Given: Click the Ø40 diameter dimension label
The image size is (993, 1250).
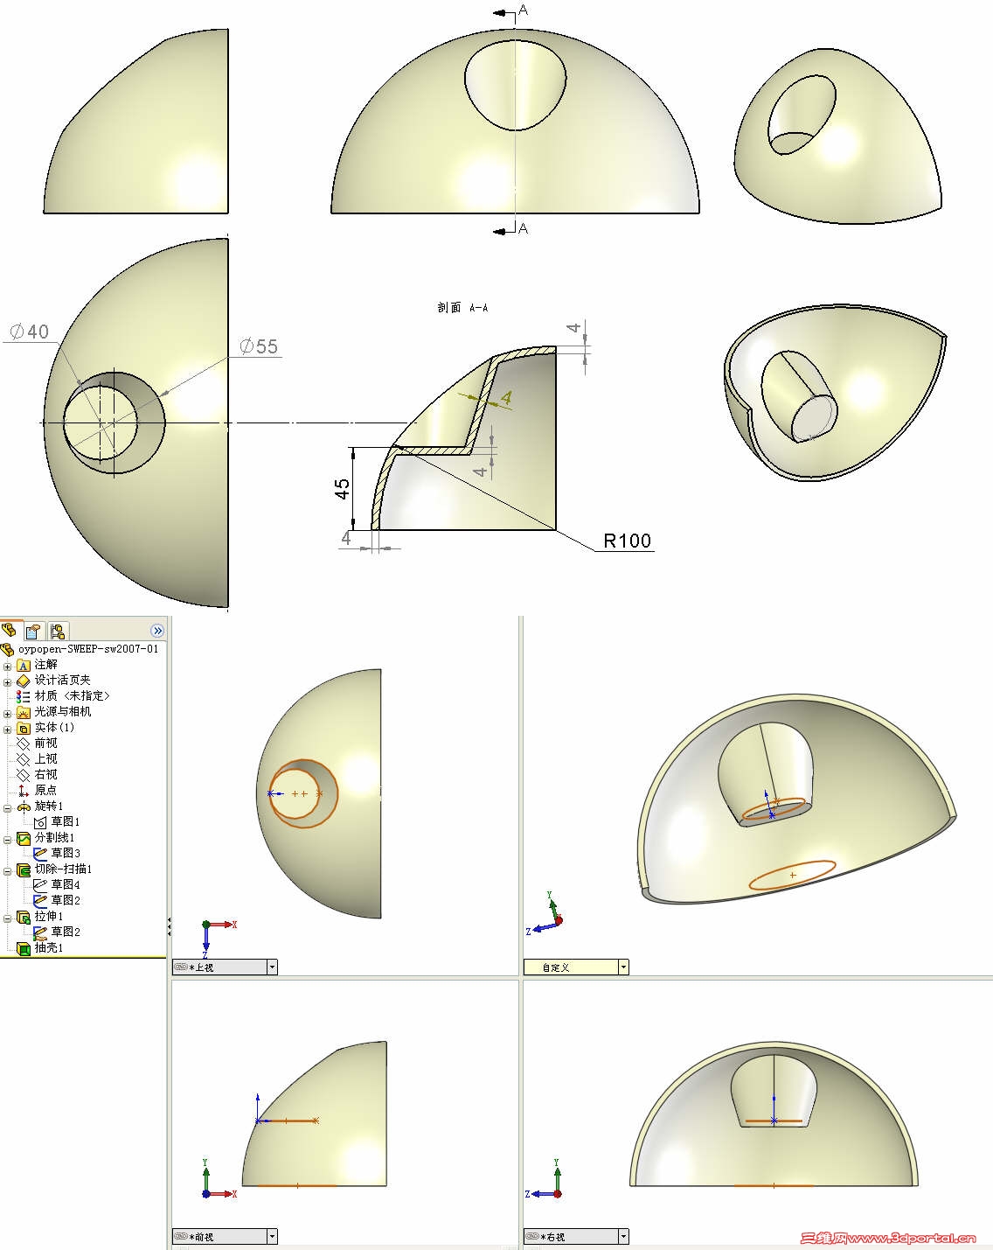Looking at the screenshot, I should tap(30, 332).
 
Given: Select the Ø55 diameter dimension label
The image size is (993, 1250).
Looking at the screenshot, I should tap(260, 346).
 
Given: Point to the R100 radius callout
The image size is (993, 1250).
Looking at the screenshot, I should tap(628, 541).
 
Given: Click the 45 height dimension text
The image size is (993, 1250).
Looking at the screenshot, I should tap(344, 488).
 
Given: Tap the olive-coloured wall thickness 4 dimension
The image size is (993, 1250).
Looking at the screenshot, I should tap(506, 398).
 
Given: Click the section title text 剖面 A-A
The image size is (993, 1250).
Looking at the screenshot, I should tap(462, 308).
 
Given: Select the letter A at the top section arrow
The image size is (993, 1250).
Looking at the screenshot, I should tap(523, 10).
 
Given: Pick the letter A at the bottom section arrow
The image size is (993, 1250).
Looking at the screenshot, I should tap(523, 228).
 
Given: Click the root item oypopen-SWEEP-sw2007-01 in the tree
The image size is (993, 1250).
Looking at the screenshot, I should tap(87, 649).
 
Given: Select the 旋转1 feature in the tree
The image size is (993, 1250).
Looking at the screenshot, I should tap(49, 806).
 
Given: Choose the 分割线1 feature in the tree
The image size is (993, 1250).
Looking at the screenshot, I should tap(54, 837).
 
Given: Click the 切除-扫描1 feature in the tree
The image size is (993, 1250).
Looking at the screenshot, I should tap(63, 869).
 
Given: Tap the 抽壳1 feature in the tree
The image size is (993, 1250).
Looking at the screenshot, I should tap(49, 947).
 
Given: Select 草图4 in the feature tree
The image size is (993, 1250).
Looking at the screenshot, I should tap(66, 884).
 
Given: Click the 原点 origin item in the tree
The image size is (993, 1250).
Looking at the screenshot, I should tap(45, 790).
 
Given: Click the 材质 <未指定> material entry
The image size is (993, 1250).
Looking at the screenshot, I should tap(72, 695).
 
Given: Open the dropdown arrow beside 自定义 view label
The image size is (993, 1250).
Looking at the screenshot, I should tap(623, 967).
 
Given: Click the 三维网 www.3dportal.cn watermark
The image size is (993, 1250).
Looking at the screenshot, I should tap(888, 1238).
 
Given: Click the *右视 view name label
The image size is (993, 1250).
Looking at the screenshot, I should tap(554, 1237).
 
